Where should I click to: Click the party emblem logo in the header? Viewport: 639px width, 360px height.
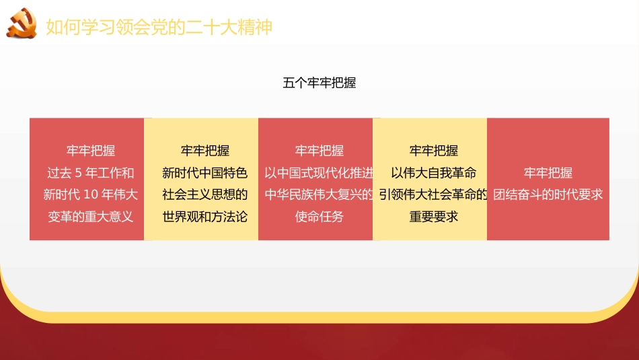[23, 24]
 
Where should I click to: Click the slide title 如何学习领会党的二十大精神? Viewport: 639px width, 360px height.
[159, 28]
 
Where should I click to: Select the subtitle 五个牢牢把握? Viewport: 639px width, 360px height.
[319, 83]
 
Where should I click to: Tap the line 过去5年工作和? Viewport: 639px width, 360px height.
[91, 173]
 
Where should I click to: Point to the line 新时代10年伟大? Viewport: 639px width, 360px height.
[91, 194]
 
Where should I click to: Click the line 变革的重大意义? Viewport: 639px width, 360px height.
[91, 216]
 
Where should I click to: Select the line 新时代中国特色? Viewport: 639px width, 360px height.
[205, 173]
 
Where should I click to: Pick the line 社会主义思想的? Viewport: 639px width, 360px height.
[205, 194]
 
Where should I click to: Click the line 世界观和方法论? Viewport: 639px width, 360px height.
[205, 216]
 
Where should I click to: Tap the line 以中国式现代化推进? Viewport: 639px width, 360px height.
[319, 173]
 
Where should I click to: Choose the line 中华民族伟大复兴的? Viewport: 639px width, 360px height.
[319, 194]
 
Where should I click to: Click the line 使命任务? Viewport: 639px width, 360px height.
[319, 216]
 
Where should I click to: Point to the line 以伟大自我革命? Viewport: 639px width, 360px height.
[433, 173]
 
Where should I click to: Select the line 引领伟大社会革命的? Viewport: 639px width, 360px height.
[433, 194]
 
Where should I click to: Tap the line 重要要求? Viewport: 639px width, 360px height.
[433, 216]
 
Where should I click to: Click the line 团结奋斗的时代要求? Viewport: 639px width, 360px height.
[548, 194]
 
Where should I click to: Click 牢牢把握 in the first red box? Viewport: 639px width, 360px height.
[91, 151]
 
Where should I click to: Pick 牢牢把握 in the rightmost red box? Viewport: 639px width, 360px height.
[548, 173]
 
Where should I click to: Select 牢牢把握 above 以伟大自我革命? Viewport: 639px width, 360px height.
[433, 151]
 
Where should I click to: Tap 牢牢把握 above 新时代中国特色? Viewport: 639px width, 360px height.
[205, 151]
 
